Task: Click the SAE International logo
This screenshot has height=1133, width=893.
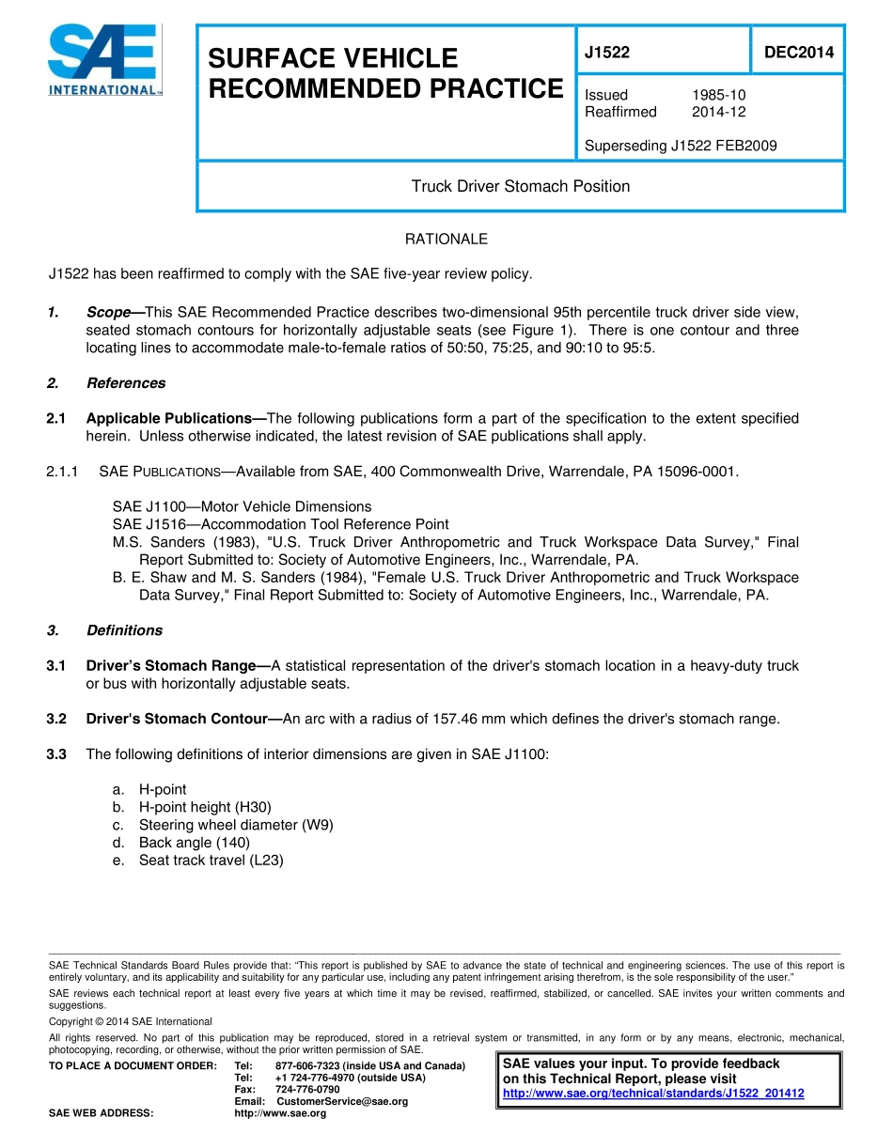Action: pos(104,60)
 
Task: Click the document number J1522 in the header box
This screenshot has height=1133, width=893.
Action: pos(607,54)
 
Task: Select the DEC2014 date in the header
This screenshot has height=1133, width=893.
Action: pos(798,54)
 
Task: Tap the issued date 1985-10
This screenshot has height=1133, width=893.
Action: pos(718,95)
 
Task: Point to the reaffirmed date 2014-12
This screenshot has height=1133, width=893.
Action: pos(718,112)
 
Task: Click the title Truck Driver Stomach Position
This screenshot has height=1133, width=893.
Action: pos(520,186)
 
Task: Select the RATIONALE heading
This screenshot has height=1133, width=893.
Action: pos(446,240)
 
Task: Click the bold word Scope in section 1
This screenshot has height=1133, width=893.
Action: pos(108,312)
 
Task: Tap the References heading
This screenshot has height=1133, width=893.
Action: pos(125,383)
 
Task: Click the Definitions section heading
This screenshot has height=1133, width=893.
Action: pos(124,630)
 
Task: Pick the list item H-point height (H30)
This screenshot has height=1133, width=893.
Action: pos(205,807)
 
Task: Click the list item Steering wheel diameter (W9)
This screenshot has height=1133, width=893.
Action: pos(236,825)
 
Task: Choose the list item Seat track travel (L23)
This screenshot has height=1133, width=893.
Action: pos(211,860)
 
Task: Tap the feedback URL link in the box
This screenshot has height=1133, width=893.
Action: pos(653,1094)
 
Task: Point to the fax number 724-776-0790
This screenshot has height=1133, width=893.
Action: pos(307,1089)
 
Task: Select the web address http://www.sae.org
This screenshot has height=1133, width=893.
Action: pos(279,1113)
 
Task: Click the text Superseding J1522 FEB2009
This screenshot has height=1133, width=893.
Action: pos(681,146)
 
